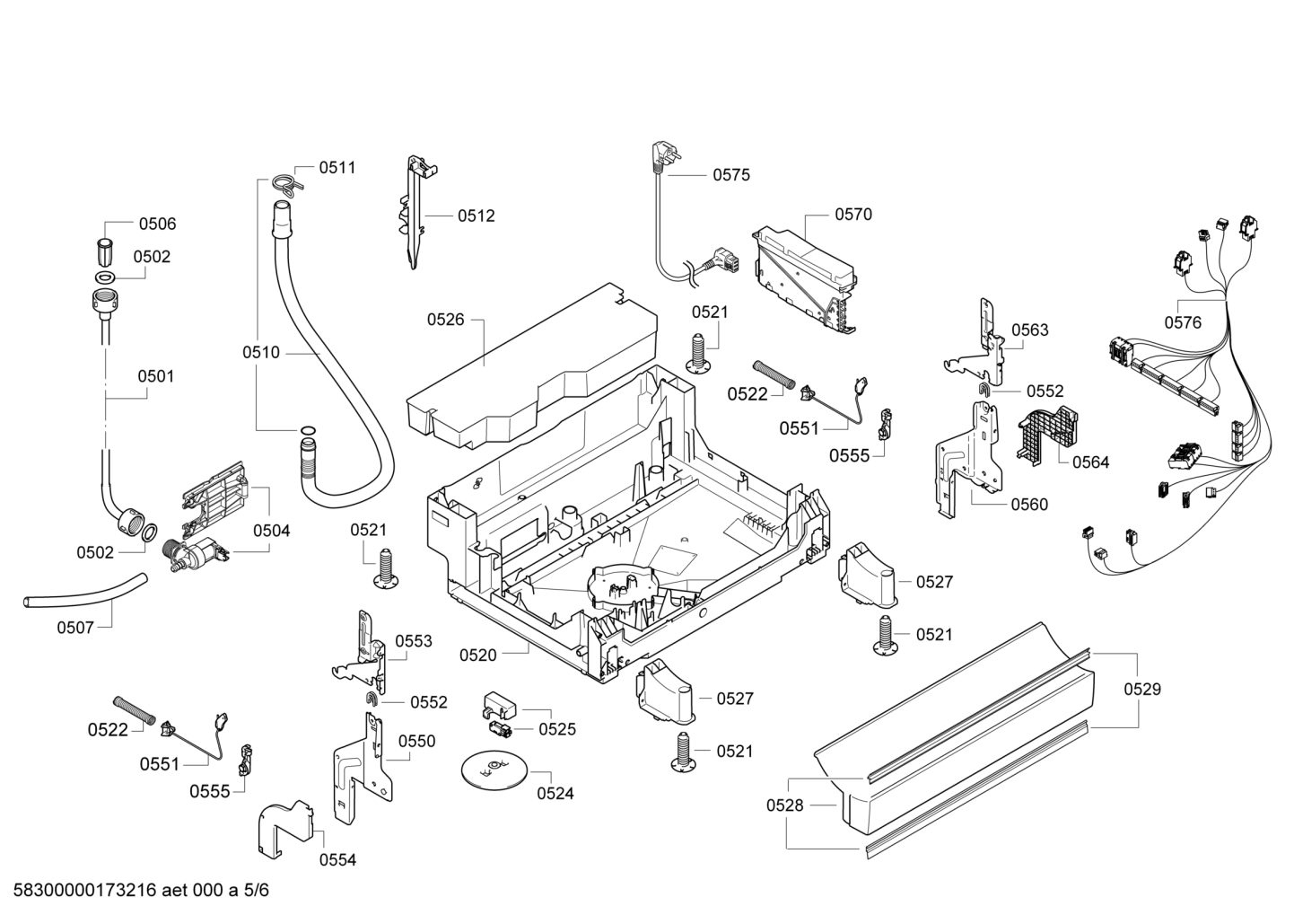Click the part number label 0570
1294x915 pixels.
pyautogui.click(x=853, y=215)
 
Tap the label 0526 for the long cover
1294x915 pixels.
pyautogui.click(x=445, y=320)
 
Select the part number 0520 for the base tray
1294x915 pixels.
pyautogui.click(x=478, y=655)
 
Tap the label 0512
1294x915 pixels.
pyautogui.click(x=477, y=216)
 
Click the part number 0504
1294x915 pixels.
pyautogui.click(x=272, y=530)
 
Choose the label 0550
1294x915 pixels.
pyautogui.click(x=416, y=741)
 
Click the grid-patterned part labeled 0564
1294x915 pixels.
pyautogui.click(x=1048, y=436)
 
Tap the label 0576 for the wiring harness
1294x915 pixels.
pyautogui.click(x=1183, y=322)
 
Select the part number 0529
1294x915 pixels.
pyautogui.click(x=1142, y=689)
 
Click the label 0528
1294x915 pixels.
pyautogui.click(x=785, y=805)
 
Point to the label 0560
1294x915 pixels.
pyautogui.click(x=1029, y=505)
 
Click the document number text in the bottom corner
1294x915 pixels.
pyautogui.click(x=140, y=890)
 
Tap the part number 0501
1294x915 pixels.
pyautogui.click(x=155, y=376)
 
